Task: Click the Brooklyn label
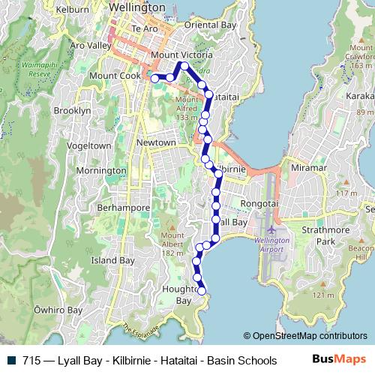coord(73,110)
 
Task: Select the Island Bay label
coord(112,260)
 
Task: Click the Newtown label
coord(156,142)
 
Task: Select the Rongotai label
coord(258,203)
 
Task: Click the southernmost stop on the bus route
coord(201,291)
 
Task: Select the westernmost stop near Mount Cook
coord(155,78)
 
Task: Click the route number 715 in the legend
coord(31,360)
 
